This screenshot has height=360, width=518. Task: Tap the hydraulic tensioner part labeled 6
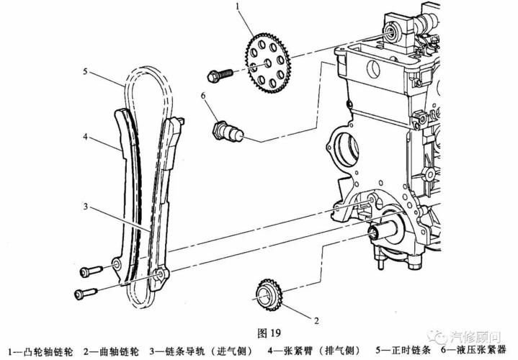(229, 132)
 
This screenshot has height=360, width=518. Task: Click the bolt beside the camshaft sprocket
(218, 74)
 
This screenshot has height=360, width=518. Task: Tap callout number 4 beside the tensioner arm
(84, 136)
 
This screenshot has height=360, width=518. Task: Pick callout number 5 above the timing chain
(84, 72)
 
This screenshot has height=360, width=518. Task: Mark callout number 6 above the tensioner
(204, 96)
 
